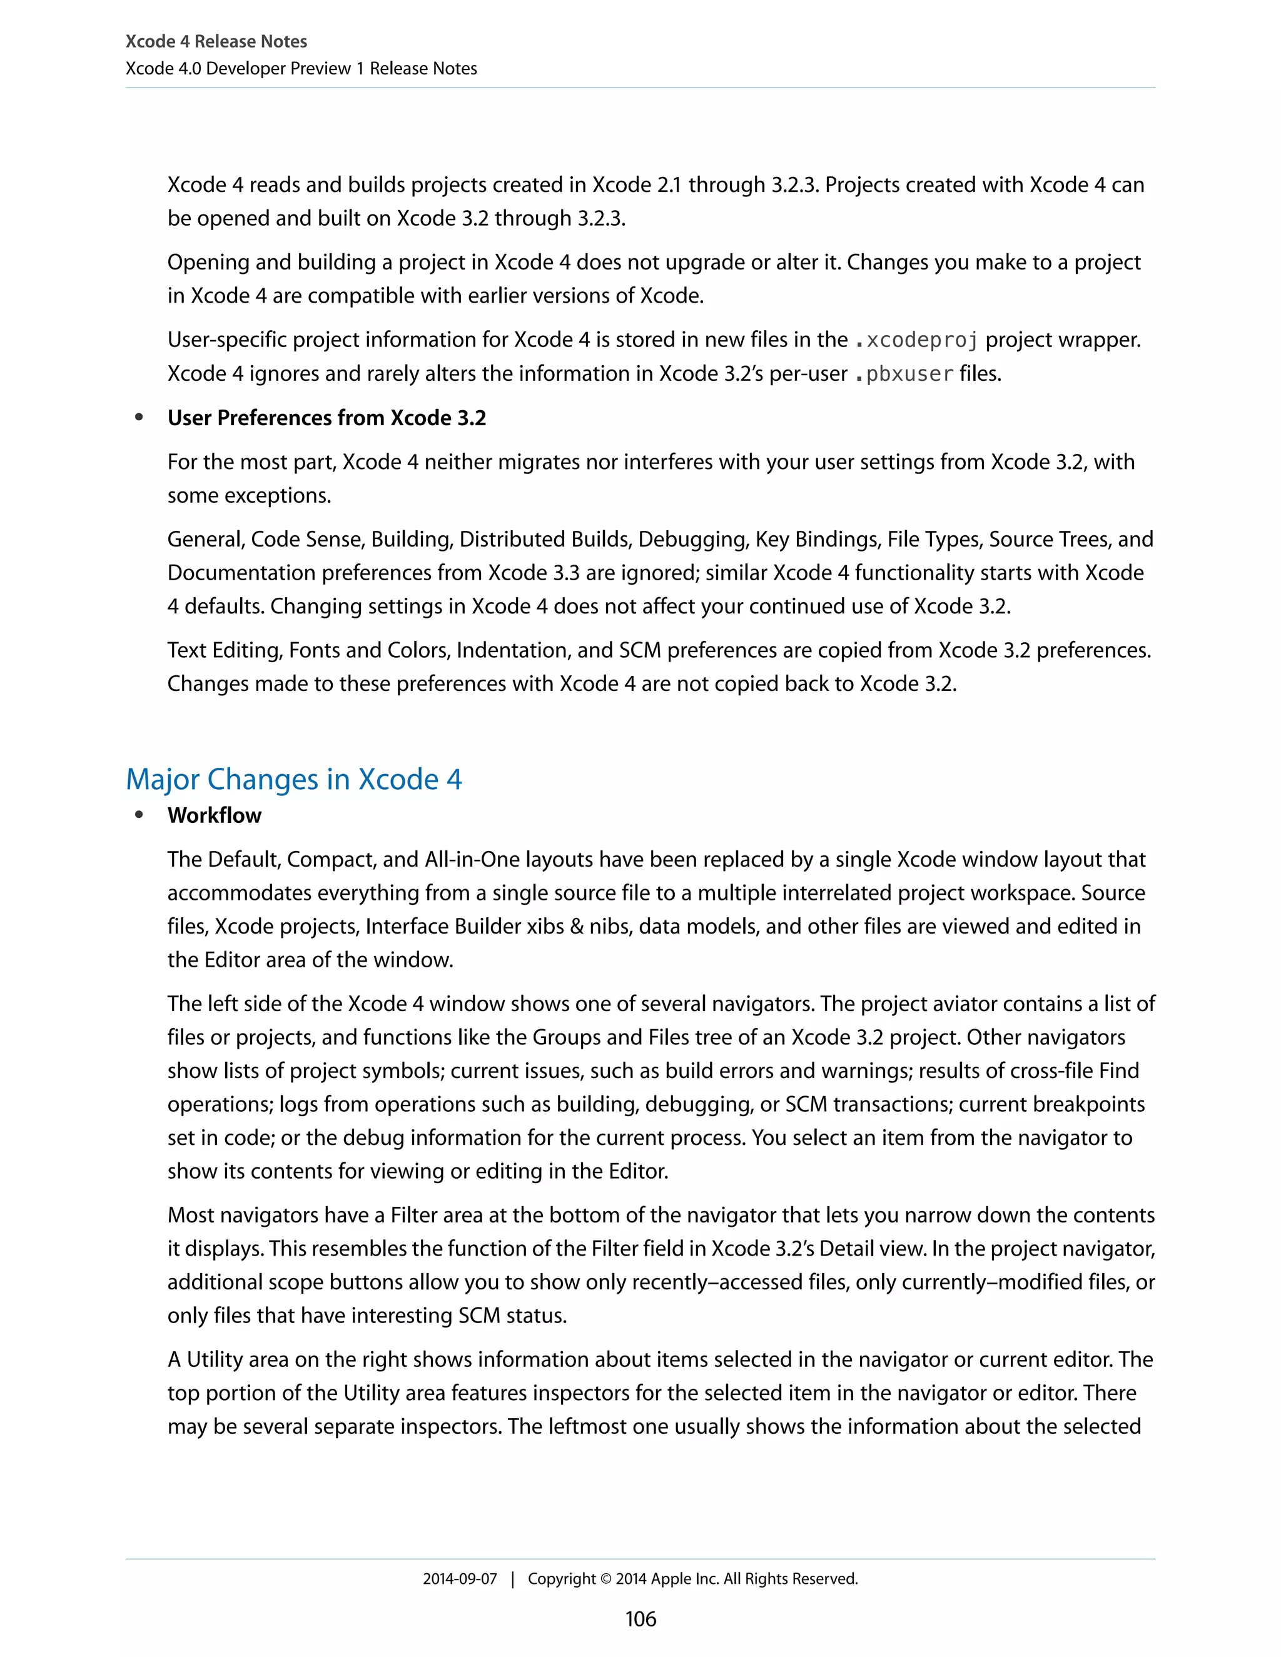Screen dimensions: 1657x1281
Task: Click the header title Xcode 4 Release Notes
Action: tap(216, 42)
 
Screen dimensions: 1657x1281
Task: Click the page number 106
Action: tap(640, 1619)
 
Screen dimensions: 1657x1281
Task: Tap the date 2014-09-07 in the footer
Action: tap(460, 1579)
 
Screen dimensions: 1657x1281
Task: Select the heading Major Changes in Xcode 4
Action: tap(294, 779)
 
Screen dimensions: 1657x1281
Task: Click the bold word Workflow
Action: tap(214, 815)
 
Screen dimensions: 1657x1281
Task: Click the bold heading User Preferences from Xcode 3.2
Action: tap(327, 418)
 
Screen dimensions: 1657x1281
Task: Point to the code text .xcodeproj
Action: tap(917, 340)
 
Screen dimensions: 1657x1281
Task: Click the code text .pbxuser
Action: tap(904, 374)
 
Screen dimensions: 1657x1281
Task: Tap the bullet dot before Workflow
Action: tap(139, 815)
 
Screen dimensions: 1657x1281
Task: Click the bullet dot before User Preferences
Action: tap(139, 417)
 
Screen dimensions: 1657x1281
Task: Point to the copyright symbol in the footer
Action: tap(605, 1579)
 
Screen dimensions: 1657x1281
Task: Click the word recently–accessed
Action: tap(707, 1282)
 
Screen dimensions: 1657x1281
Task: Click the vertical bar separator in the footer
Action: tap(513, 1579)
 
